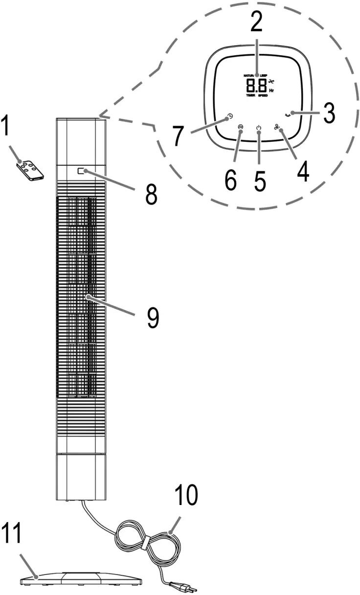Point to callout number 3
(x=328, y=113)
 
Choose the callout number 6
(x=230, y=180)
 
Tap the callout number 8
(x=151, y=194)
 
